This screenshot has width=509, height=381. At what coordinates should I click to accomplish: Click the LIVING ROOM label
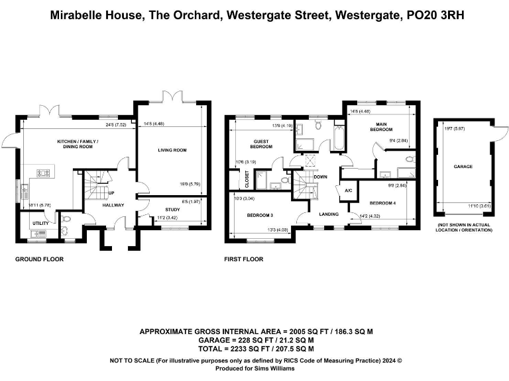coord(172,150)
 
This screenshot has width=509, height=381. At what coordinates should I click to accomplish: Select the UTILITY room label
coord(40,224)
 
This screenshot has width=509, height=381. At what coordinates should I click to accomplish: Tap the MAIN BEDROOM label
coord(381,126)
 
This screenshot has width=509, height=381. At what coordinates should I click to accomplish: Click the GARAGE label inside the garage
coord(463,167)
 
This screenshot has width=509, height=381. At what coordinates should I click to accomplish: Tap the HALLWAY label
coord(113,205)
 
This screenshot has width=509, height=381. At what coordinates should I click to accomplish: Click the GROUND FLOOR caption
coord(39,259)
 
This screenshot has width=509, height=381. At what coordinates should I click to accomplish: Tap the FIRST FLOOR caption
coord(244,259)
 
